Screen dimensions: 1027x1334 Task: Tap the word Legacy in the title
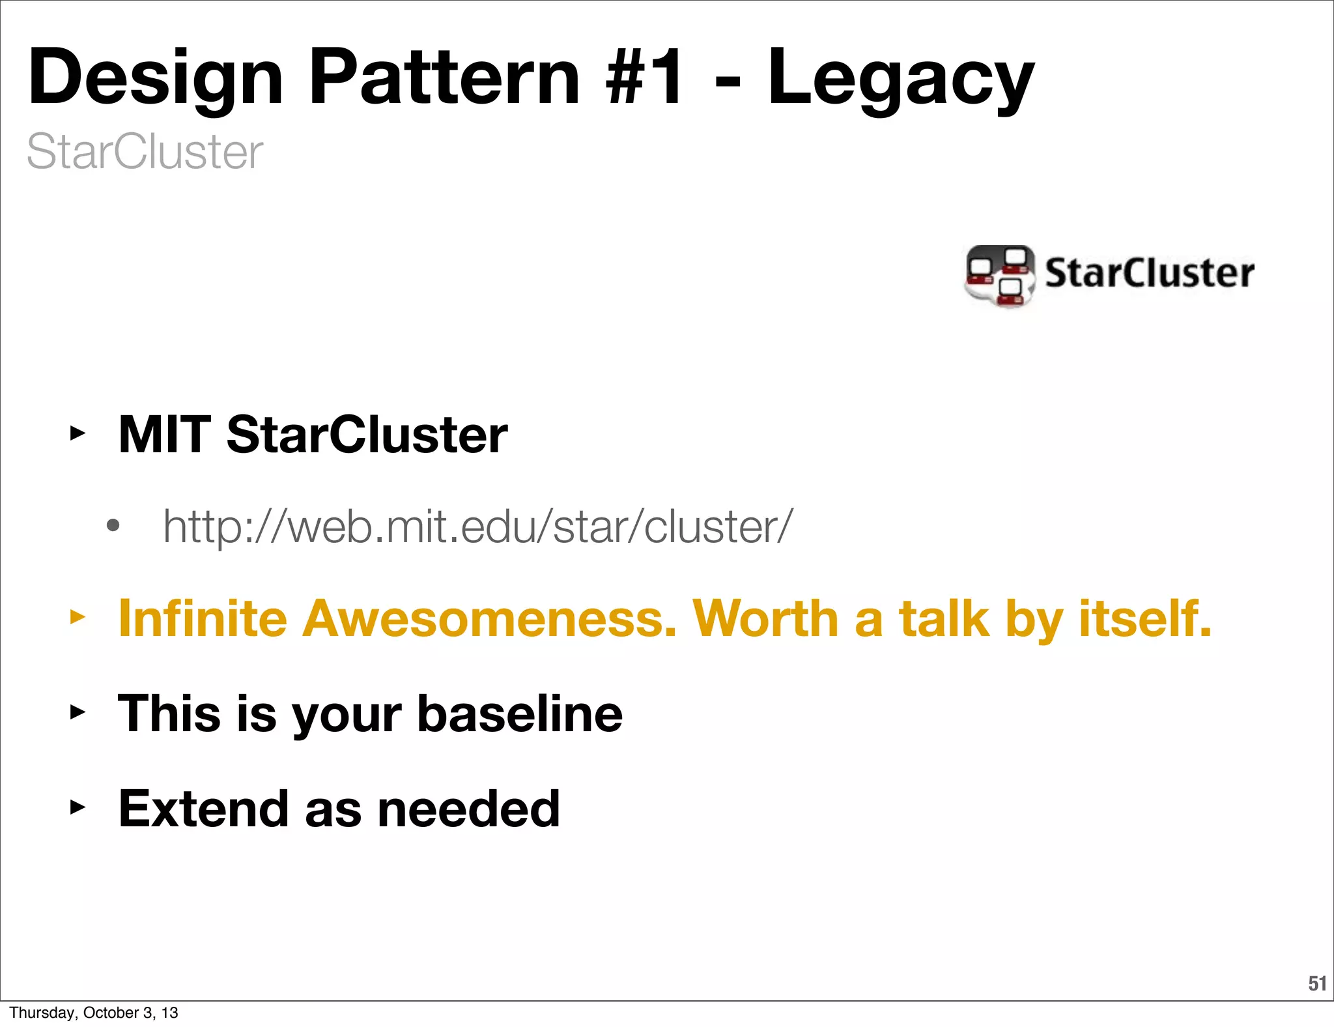click(x=900, y=78)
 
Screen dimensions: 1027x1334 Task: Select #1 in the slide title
click(x=645, y=78)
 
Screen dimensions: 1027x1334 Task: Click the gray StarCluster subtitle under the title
click(x=145, y=152)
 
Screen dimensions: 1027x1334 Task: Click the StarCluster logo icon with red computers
click(x=1000, y=275)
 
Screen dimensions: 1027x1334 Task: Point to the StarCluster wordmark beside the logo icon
click(x=1150, y=273)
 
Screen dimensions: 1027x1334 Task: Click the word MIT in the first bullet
click(x=164, y=435)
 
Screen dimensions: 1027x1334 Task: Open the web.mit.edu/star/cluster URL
click(x=478, y=527)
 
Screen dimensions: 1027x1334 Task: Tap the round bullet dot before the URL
click(x=113, y=526)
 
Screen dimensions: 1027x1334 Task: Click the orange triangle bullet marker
click(x=78, y=616)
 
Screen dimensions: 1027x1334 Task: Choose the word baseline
click(x=520, y=714)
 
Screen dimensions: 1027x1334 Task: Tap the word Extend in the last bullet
click(x=203, y=809)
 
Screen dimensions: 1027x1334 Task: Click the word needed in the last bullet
click(x=469, y=809)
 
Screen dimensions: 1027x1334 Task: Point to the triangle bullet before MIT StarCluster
click(x=78, y=433)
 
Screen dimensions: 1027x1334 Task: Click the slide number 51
click(x=1317, y=983)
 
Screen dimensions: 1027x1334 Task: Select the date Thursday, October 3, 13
click(x=94, y=1013)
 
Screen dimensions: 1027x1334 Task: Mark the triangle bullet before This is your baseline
click(x=78, y=712)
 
